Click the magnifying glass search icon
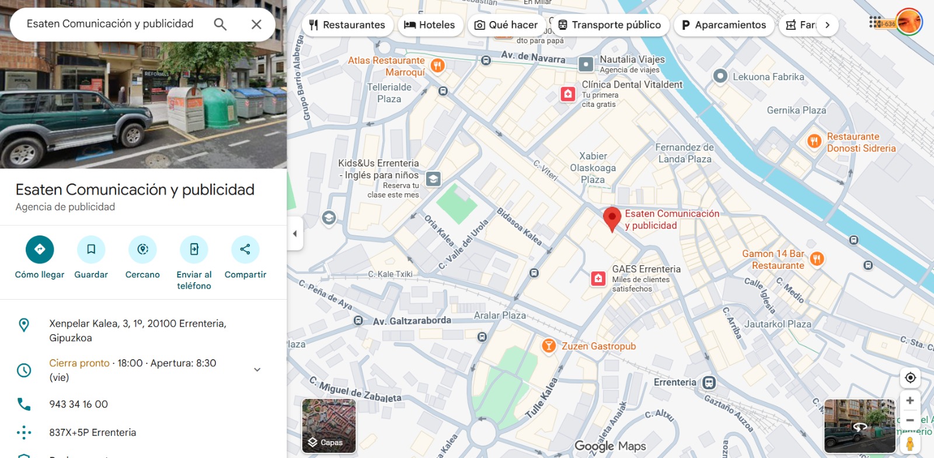click(x=220, y=24)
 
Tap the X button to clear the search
click(x=256, y=24)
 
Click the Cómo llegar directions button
click(x=40, y=249)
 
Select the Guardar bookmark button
click(x=91, y=249)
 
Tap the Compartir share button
click(x=245, y=249)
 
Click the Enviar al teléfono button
click(x=194, y=249)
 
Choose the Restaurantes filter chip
click(x=347, y=25)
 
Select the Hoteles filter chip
click(x=430, y=25)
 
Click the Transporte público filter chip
click(x=609, y=25)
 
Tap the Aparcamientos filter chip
click(x=724, y=25)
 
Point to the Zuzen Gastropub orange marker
click(x=549, y=346)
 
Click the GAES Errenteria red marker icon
click(x=598, y=278)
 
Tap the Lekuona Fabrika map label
click(x=768, y=77)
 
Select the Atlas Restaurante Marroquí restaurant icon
click(x=438, y=65)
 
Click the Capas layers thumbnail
click(x=329, y=426)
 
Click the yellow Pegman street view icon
click(x=909, y=443)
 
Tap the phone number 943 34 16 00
click(x=79, y=404)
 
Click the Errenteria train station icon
click(x=709, y=383)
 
